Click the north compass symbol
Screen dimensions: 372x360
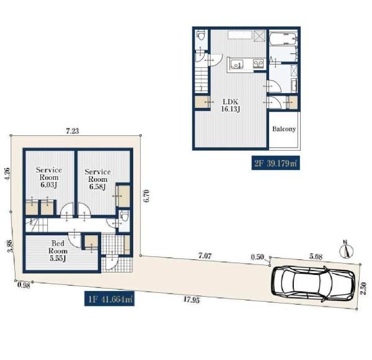(x=347, y=250)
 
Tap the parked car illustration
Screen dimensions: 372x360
(x=313, y=284)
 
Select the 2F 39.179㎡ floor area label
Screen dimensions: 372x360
(x=275, y=163)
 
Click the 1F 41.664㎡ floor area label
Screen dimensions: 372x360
(x=109, y=299)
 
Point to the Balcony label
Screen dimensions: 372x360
(x=284, y=129)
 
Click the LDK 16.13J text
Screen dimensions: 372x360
(x=231, y=106)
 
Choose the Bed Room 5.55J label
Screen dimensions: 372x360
(x=58, y=251)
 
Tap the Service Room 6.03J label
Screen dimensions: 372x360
(x=49, y=178)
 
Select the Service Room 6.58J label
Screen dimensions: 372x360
(x=97, y=179)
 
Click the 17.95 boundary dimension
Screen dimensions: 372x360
(x=192, y=300)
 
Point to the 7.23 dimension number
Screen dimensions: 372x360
(x=73, y=131)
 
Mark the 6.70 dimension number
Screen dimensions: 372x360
(x=146, y=196)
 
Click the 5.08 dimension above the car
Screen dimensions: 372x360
(x=316, y=256)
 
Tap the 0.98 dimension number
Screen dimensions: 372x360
(x=24, y=285)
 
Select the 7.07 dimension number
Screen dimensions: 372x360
(x=205, y=256)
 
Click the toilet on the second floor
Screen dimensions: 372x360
(x=201, y=37)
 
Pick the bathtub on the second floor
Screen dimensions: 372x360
(x=283, y=38)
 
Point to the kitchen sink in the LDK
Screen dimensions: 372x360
(x=236, y=64)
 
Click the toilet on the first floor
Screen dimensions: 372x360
(x=125, y=217)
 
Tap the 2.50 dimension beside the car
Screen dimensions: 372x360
(x=363, y=288)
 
